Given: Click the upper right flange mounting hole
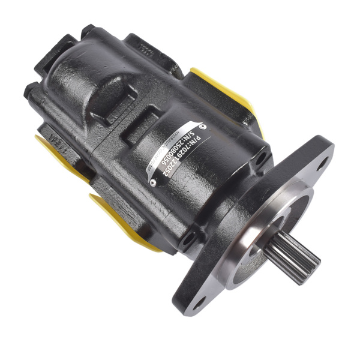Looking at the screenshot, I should point(323,160).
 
